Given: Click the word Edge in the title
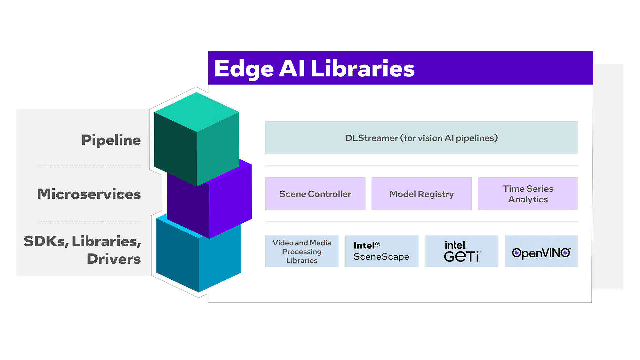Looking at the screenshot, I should [x=244, y=69].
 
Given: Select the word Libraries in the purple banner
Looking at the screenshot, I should [x=362, y=68].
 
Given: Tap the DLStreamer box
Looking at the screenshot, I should [x=421, y=138].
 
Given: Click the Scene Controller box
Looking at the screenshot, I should [x=315, y=194].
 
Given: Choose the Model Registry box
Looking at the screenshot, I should [x=421, y=194].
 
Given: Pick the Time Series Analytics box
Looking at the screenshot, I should [x=528, y=194].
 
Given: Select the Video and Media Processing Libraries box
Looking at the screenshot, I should [x=302, y=251].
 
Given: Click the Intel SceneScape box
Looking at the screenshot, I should [x=381, y=251].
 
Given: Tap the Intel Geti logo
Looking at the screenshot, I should [x=461, y=252].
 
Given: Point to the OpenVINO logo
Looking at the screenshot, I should [x=541, y=253].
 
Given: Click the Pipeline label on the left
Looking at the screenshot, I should [x=111, y=140].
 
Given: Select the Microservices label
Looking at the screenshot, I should [x=89, y=194].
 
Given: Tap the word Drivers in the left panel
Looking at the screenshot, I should [x=114, y=259].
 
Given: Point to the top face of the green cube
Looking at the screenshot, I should [x=196, y=112].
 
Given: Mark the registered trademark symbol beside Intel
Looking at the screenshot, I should [x=378, y=244].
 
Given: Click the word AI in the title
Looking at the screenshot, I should [x=292, y=68].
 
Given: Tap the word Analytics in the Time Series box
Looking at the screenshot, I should [x=528, y=199].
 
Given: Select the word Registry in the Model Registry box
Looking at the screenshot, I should [x=436, y=194].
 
